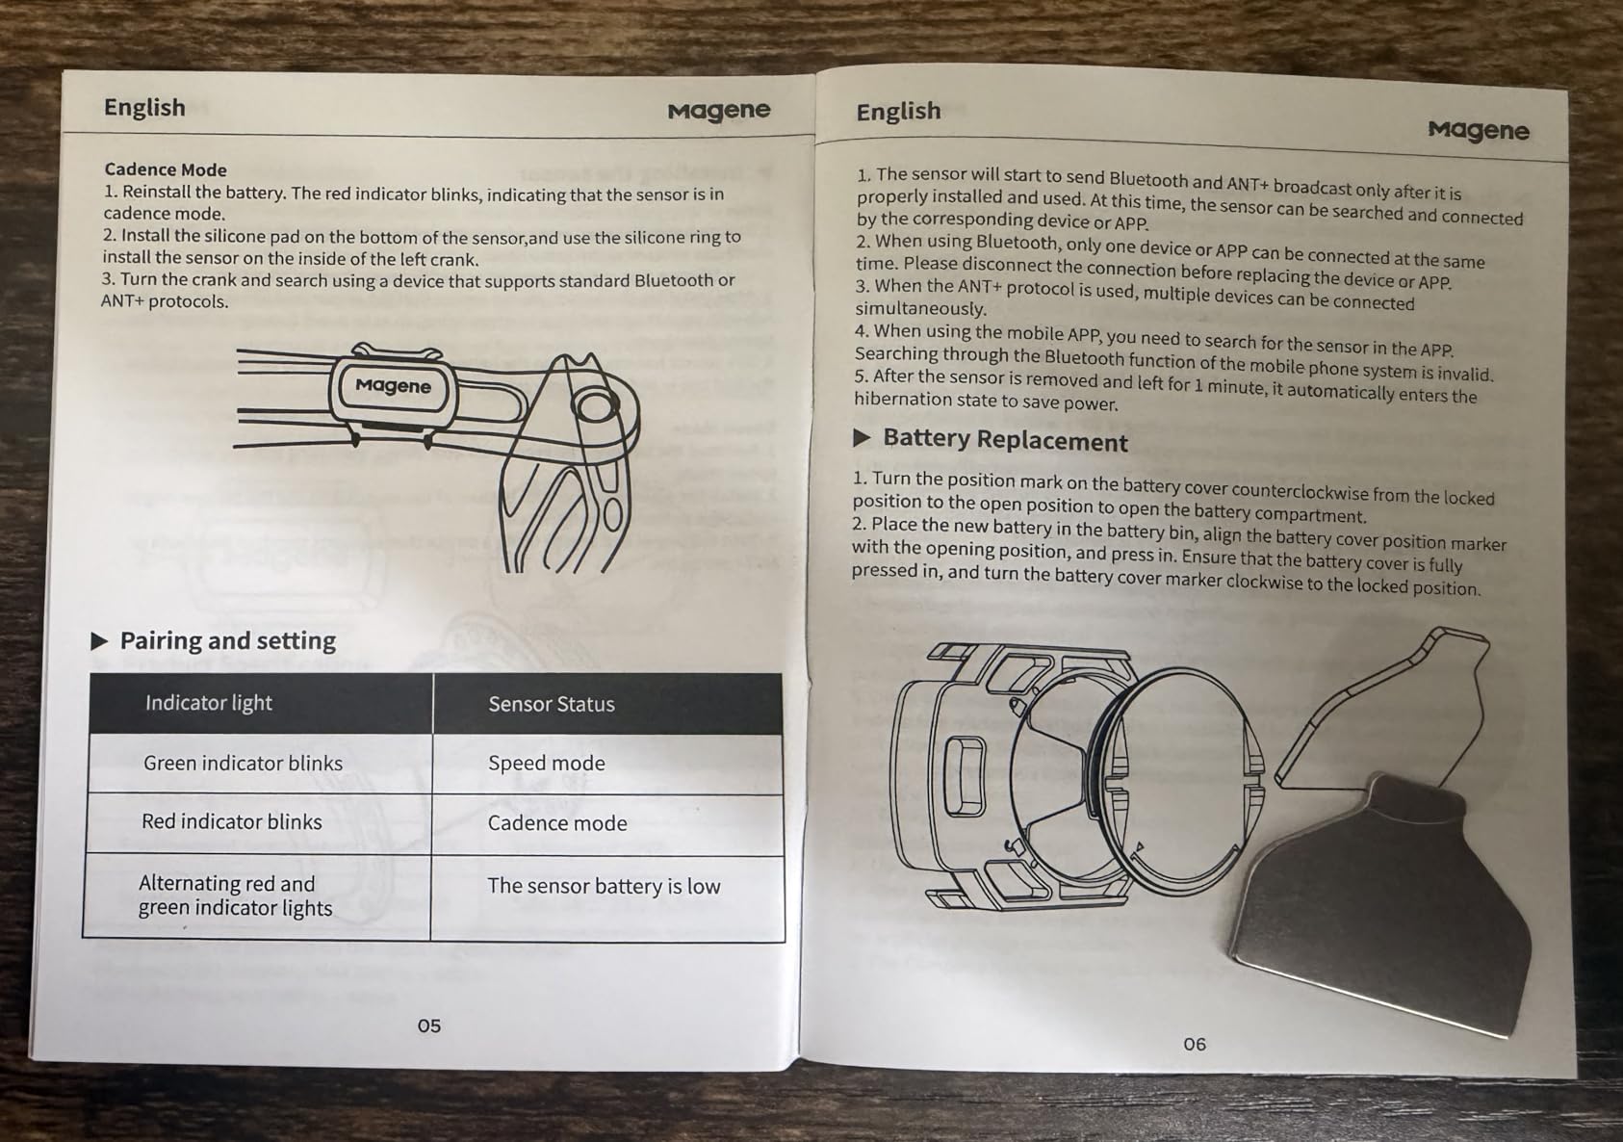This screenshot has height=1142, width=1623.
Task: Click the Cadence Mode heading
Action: pyautogui.click(x=166, y=169)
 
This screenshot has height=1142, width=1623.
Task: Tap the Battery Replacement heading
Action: pyautogui.click(x=1005, y=440)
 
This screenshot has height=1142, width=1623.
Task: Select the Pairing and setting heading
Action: pyautogui.click(x=227, y=640)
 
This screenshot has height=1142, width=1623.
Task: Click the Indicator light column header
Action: pyautogui.click(x=209, y=703)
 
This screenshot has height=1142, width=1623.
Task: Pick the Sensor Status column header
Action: pyautogui.click(x=552, y=704)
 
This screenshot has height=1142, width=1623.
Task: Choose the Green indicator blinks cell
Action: pyautogui.click(x=243, y=763)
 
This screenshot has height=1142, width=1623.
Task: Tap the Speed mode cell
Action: pyautogui.click(x=547, y=763)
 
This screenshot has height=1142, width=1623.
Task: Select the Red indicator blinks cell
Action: pyautogui.click(x=232, y=821)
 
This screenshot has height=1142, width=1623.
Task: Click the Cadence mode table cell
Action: pyautogui.click(x=557, y=823)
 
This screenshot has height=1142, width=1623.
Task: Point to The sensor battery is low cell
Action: pyautogui.click(x=604, y=886)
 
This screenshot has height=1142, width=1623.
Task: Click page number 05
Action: pyautogui.click(x=429, y=1026)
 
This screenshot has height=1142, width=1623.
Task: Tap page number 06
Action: pyautogui.click(x=1194, y=1044)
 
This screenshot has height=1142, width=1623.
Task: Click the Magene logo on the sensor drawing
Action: pyautogui.click(x=393, y=385)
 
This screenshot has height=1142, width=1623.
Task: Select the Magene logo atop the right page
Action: pyautogui.click(x=1478, y=130)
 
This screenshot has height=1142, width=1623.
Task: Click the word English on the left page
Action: pyautogui.click(x=144, y=107)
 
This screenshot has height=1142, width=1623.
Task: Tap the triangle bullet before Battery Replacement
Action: pyautogui.click(x=861, y=438)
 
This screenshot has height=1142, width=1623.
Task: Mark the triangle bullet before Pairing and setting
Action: pyautogui.click(x=99, y=641)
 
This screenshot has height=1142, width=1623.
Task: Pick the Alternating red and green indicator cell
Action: pyautogui.click(x=235, y=895)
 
